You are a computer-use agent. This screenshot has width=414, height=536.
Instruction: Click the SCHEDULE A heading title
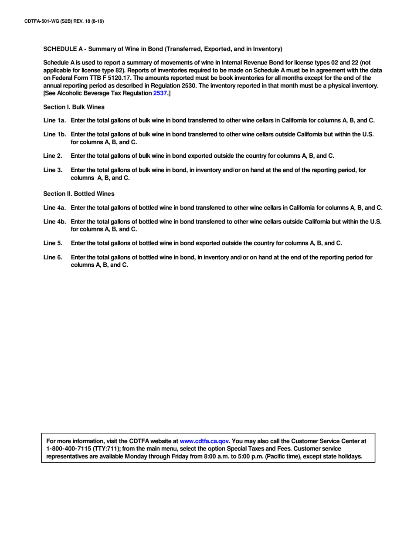[x=162, y=49]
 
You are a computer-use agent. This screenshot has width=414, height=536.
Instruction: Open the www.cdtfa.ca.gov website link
[x=204, y=441]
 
